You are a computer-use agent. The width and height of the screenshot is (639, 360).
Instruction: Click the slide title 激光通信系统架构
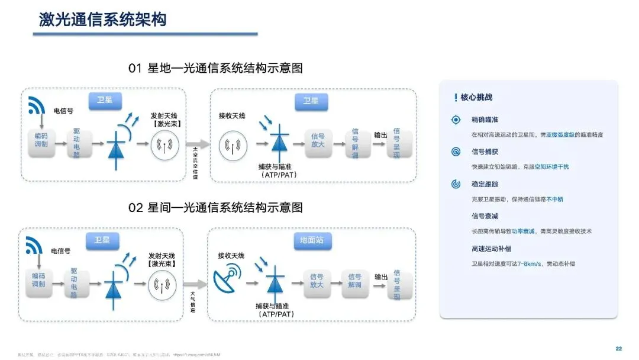pos(103,19)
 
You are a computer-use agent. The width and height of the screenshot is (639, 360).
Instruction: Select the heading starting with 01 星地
pos(215,68)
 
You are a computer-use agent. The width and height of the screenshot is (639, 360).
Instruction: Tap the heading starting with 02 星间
pos(215,207)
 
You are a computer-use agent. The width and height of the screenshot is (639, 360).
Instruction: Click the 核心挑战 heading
pos(476,97)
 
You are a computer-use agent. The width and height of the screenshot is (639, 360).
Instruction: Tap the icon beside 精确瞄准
pos(456,120)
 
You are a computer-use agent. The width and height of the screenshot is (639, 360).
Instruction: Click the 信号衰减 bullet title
pos(485,216)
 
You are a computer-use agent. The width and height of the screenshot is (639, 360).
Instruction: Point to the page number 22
pos(619,348)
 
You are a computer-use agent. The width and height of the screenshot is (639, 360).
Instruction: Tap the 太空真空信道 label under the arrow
pos(196,163)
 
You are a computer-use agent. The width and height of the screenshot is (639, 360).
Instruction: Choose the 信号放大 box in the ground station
pos(317,281)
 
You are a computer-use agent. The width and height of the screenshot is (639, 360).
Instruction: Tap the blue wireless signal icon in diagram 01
pos(37,105)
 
